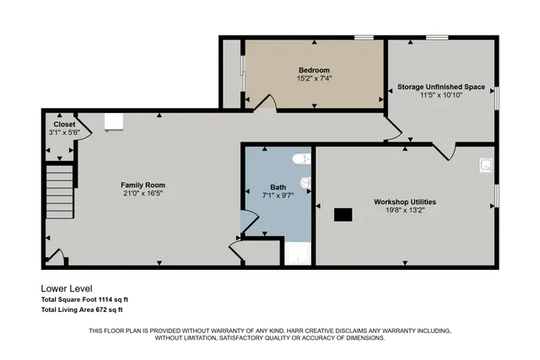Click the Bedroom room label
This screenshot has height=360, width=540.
pyautogui.click(x=314, y=69)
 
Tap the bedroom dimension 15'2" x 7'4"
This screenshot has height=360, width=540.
pyautogui.click(x=314, y=78)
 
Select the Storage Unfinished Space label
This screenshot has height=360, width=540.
pyautogui.click(x=441, y=86)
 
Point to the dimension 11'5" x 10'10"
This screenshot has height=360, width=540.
pyautogui.click(x=441, y=95)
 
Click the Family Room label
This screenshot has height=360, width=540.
pyautogui.click(x=143, y=185)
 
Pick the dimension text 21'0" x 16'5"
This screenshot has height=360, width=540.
pyautogui.click(x=143, y=193)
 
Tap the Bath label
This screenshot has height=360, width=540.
pyautogui.click(x=278, y=187)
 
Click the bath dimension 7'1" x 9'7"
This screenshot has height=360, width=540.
pyautogui.click(x=278, y=196)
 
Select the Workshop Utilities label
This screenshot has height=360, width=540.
pyautogui.click(x=404, y=202)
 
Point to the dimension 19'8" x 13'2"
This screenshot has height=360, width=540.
pyautogui.click(x=404, y=212)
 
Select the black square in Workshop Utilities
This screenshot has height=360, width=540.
pyautogui.click(x=343, y=214)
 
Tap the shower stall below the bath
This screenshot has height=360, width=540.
pyautogui.click(x=297, y=252)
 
